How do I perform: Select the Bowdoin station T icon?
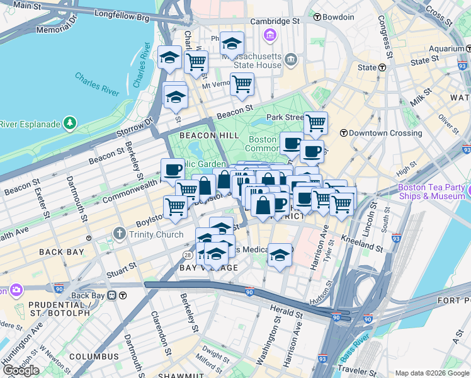click(317, 17)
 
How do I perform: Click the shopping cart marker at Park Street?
click(315, 123)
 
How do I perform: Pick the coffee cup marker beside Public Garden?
click(173, 169)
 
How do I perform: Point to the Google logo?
click(21, 370)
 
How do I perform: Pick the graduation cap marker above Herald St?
click(280, 255)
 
